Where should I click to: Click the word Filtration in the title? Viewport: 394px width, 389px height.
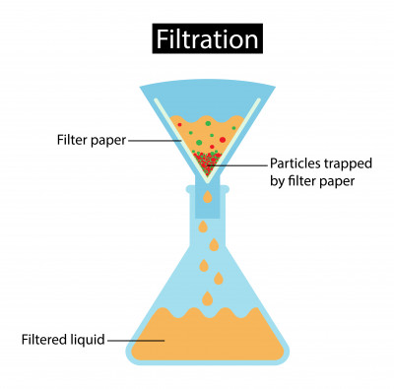[208, 39]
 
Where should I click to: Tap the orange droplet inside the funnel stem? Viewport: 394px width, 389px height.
[206, 200]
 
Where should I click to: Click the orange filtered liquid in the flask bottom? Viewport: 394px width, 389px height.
[207, 340]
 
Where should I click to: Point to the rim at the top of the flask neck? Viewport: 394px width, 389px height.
[207, 184]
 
